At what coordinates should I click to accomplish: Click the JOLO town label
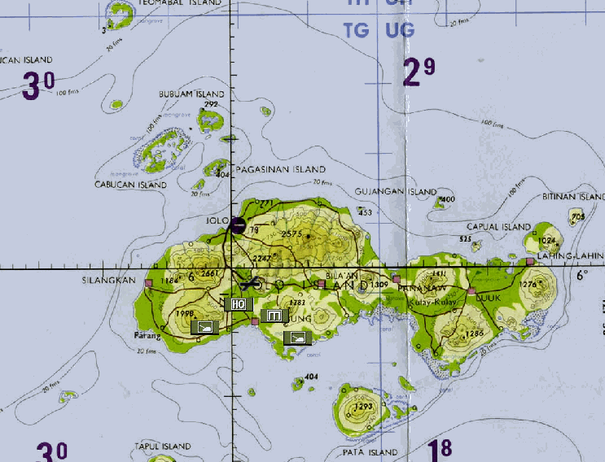216,220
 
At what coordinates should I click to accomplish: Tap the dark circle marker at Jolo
238,225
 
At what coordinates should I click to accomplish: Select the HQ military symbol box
237,303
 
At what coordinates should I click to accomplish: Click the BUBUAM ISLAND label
186,94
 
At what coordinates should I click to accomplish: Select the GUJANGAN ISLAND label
396,192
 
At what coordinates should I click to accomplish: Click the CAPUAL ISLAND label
498,227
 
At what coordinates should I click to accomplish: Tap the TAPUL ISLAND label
163,447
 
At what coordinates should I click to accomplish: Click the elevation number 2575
292,234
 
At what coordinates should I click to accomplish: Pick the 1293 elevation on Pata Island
363,407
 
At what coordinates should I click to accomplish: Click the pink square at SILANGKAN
148,283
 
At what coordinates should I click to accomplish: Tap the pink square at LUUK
471,290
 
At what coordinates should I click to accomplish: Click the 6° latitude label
581,275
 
